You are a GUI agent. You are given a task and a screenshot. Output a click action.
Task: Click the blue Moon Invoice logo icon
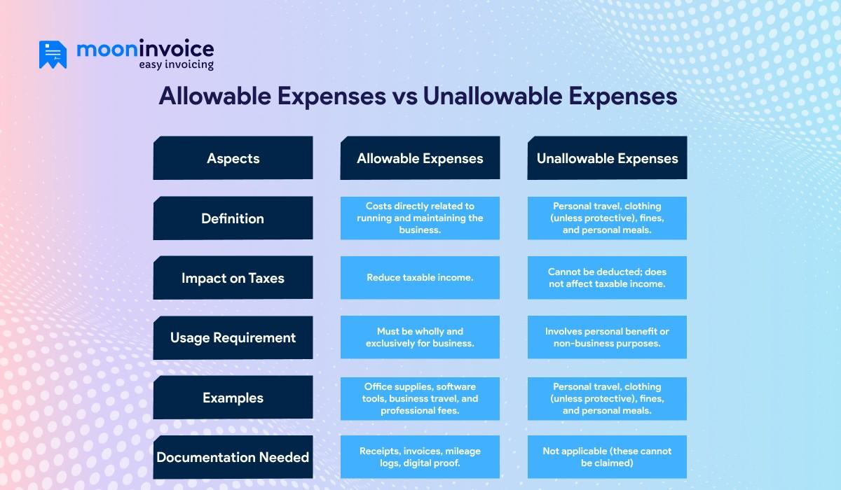coord(53,55)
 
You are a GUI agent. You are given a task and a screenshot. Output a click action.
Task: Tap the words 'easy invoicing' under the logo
coord(176,64)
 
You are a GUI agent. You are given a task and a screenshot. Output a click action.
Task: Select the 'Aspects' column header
coord(233,158)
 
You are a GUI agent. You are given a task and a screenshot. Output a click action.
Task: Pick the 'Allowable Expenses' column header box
coord(420,158)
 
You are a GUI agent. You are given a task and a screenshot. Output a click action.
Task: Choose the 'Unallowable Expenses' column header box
coord(607,158)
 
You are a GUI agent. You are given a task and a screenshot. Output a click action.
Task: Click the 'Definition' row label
coord(233,218)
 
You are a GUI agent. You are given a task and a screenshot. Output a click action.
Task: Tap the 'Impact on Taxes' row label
coord(233,278)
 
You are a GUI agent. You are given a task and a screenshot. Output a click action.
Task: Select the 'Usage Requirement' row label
coord(233,337)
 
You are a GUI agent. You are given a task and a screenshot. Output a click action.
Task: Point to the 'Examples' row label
coord(233,398)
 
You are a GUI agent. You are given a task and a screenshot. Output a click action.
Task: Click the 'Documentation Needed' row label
coord(233,457)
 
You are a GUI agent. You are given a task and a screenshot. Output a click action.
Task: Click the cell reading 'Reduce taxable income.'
coord(420,278)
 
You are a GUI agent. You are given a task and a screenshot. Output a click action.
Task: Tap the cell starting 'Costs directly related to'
coord(420,218)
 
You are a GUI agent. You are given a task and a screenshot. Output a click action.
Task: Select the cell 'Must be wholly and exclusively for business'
coord(420,337)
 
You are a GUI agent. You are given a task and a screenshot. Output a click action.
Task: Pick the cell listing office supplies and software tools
coord(420,398)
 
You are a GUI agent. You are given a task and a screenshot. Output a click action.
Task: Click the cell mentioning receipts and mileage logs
coord(420,457)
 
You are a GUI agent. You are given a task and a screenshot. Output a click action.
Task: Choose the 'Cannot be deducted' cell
coord(607,278)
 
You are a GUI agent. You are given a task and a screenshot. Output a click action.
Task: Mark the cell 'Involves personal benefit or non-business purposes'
coord(607,337)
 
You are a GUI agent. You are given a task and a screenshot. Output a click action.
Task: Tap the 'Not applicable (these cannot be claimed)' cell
coord(607,457)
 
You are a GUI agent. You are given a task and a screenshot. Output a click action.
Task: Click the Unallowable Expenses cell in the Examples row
coord(607,398)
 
